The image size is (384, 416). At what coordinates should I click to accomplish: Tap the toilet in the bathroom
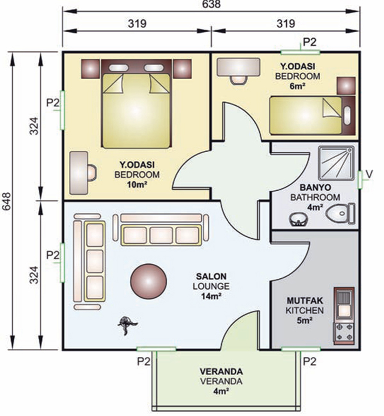340,213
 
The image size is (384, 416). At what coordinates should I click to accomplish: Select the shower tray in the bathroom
336,163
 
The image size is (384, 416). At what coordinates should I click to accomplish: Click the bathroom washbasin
299,219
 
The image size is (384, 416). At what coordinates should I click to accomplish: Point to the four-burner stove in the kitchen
344,333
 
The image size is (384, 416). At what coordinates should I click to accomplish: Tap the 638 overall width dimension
211,4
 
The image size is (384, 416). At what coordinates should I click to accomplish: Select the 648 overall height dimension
7,201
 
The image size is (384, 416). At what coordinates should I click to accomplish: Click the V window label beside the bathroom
369,174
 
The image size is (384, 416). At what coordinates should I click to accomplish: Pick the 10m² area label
137,185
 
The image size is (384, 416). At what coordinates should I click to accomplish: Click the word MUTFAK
305,301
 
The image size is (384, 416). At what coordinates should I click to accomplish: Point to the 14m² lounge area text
211,296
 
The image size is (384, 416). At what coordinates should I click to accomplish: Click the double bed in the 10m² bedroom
136,103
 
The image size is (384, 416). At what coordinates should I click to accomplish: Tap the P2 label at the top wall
310,42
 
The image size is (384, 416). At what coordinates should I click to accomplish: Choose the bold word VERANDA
221,371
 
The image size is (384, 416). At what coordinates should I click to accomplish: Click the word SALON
211,276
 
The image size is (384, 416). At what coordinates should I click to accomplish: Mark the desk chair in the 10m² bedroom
91,173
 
